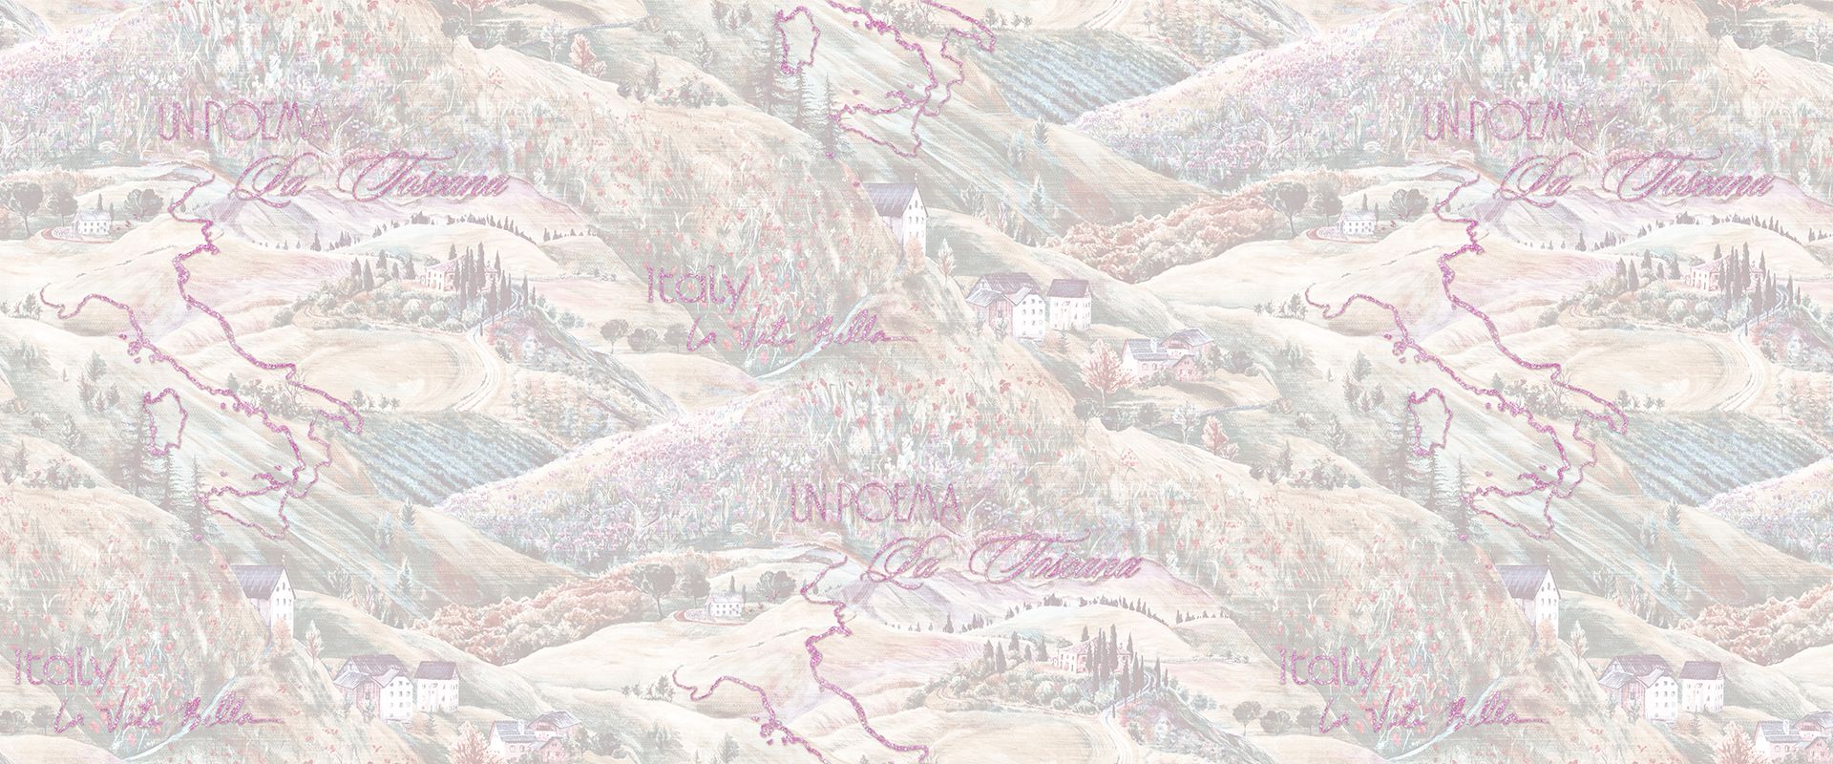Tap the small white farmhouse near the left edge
pos(92,223)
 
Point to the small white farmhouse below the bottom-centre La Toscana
pos(723,604)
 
